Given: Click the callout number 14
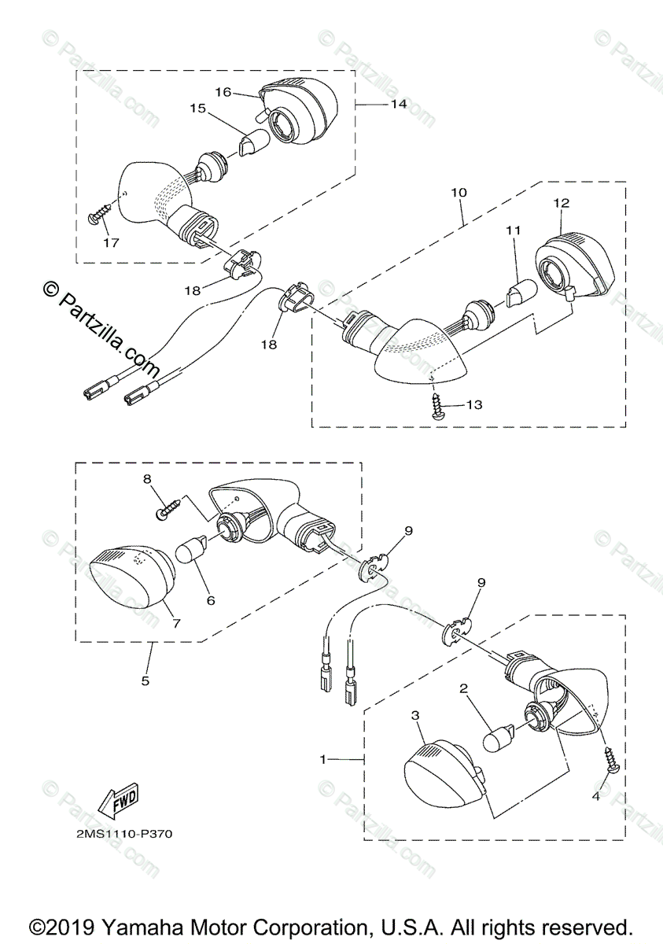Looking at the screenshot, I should [399, 104].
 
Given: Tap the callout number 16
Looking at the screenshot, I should [223, 92].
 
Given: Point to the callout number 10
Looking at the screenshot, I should [459, 192].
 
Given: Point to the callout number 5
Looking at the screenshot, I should [145, 680].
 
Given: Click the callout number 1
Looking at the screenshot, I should [322, 759].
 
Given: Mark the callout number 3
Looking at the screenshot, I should [415, 715].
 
